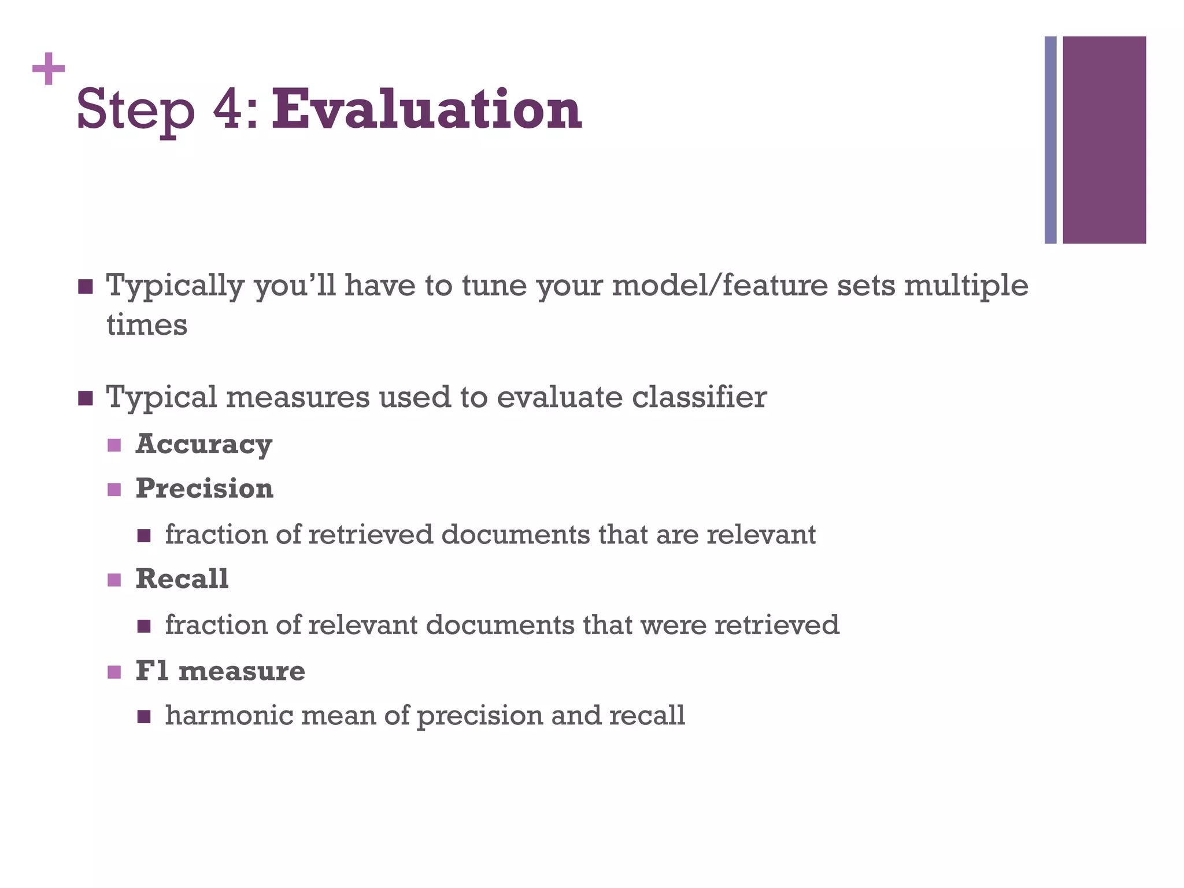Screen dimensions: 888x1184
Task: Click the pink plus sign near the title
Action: [49, 69]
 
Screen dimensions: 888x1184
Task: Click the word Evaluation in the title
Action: [427, 110]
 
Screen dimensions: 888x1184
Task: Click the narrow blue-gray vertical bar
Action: [1050, 140]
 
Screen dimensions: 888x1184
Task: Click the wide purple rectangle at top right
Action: [1104, 140]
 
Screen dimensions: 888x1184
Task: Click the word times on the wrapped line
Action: [147, 325]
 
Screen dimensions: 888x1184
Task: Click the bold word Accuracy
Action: [203, 445]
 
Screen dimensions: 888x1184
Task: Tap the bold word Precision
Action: [204, 489]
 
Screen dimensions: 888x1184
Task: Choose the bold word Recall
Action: [182, 579]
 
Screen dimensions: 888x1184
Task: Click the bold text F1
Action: [153, 671]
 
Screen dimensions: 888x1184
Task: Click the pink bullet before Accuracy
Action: [114, 445]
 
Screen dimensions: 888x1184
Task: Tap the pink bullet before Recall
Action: [114, 579]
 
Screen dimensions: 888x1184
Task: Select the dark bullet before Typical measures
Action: [85, 398]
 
